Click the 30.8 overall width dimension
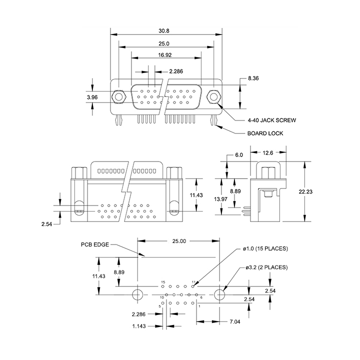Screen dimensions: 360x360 164,31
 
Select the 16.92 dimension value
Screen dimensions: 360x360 165,55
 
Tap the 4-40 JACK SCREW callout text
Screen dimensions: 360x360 272,120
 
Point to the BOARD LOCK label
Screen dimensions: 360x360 265,133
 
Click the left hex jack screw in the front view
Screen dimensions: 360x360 118,96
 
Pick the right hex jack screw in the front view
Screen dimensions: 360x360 214,96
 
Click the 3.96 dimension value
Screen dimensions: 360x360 92,97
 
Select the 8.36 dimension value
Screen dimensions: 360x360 253,78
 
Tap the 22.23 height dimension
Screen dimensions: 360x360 305,191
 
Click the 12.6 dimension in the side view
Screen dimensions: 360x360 267,153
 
